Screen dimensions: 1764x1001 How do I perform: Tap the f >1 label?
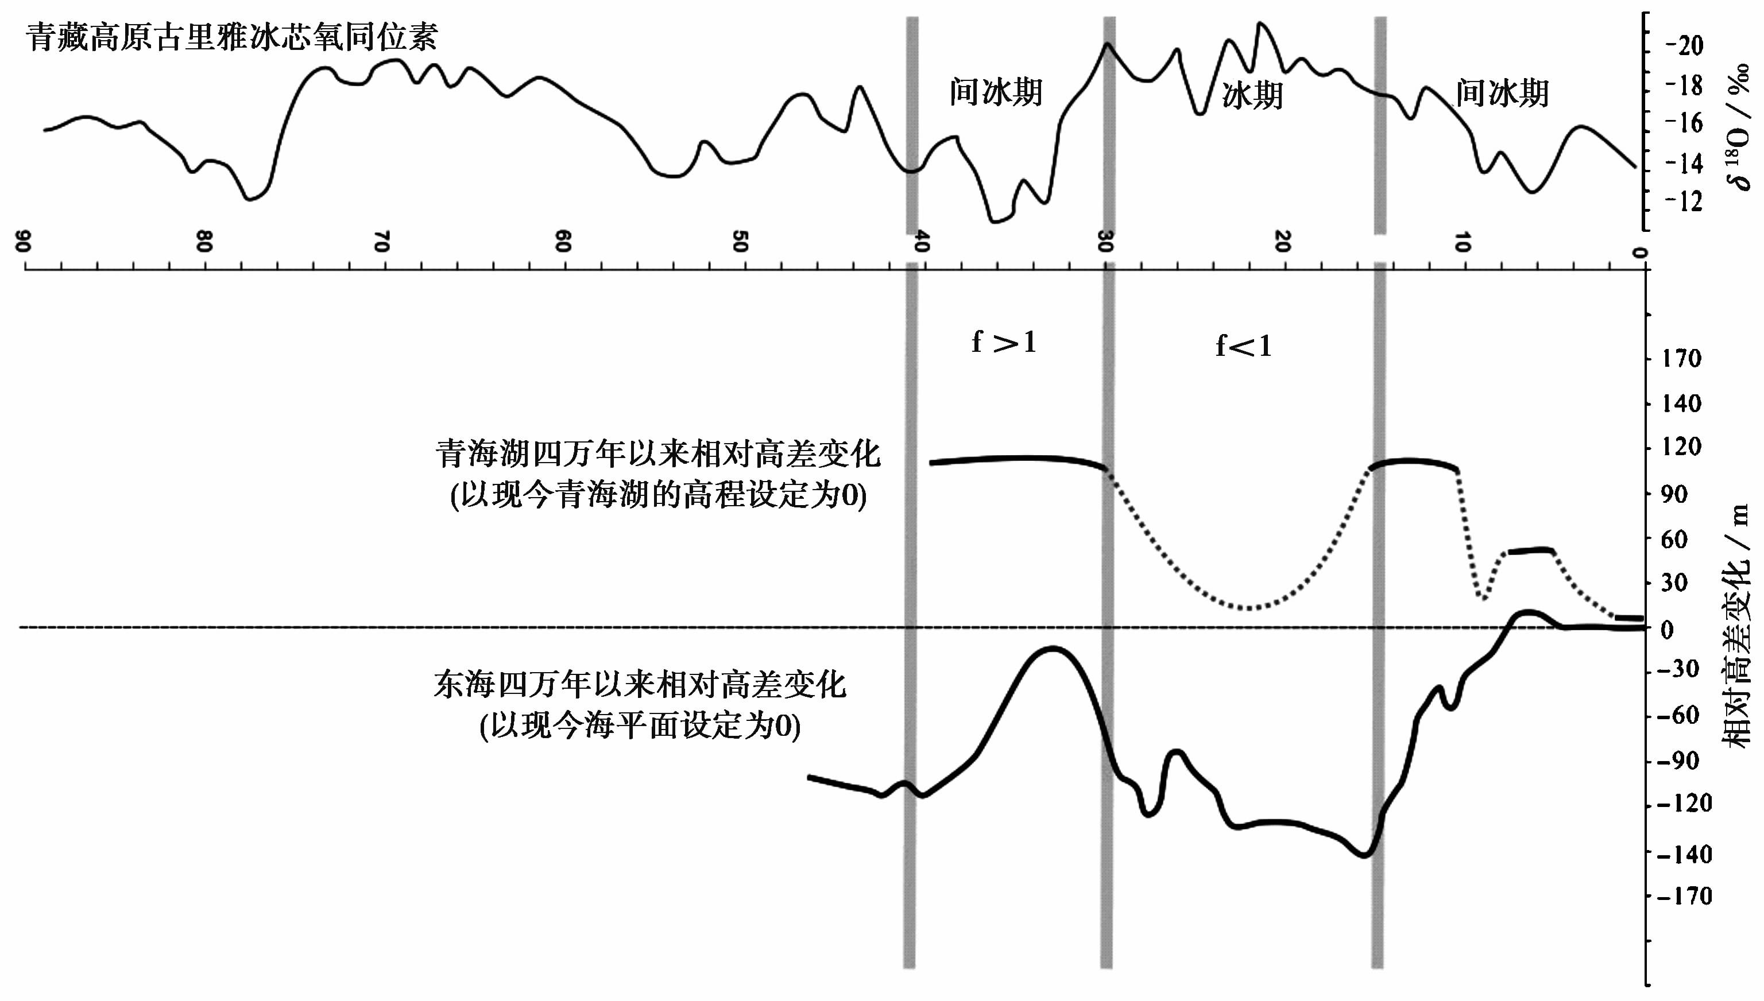(x=1003, y=342)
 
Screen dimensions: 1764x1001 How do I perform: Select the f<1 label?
(x=1243, y=346)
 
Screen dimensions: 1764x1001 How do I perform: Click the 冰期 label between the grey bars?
(x=1252, y=95)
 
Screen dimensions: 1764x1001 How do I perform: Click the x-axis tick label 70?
(x=382, y=241)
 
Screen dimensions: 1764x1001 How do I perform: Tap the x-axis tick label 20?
(x=1282, y=241)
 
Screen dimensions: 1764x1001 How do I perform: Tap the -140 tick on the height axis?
(x=1684, y=855)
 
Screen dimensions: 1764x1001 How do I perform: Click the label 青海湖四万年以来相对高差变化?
(x=657, y=455)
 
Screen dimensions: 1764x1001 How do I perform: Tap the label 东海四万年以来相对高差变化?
(x=640, y=685)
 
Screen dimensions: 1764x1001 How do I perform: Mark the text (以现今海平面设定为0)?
(x=640, y=726)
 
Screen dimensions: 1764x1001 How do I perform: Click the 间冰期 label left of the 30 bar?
(x=996, y=92)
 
